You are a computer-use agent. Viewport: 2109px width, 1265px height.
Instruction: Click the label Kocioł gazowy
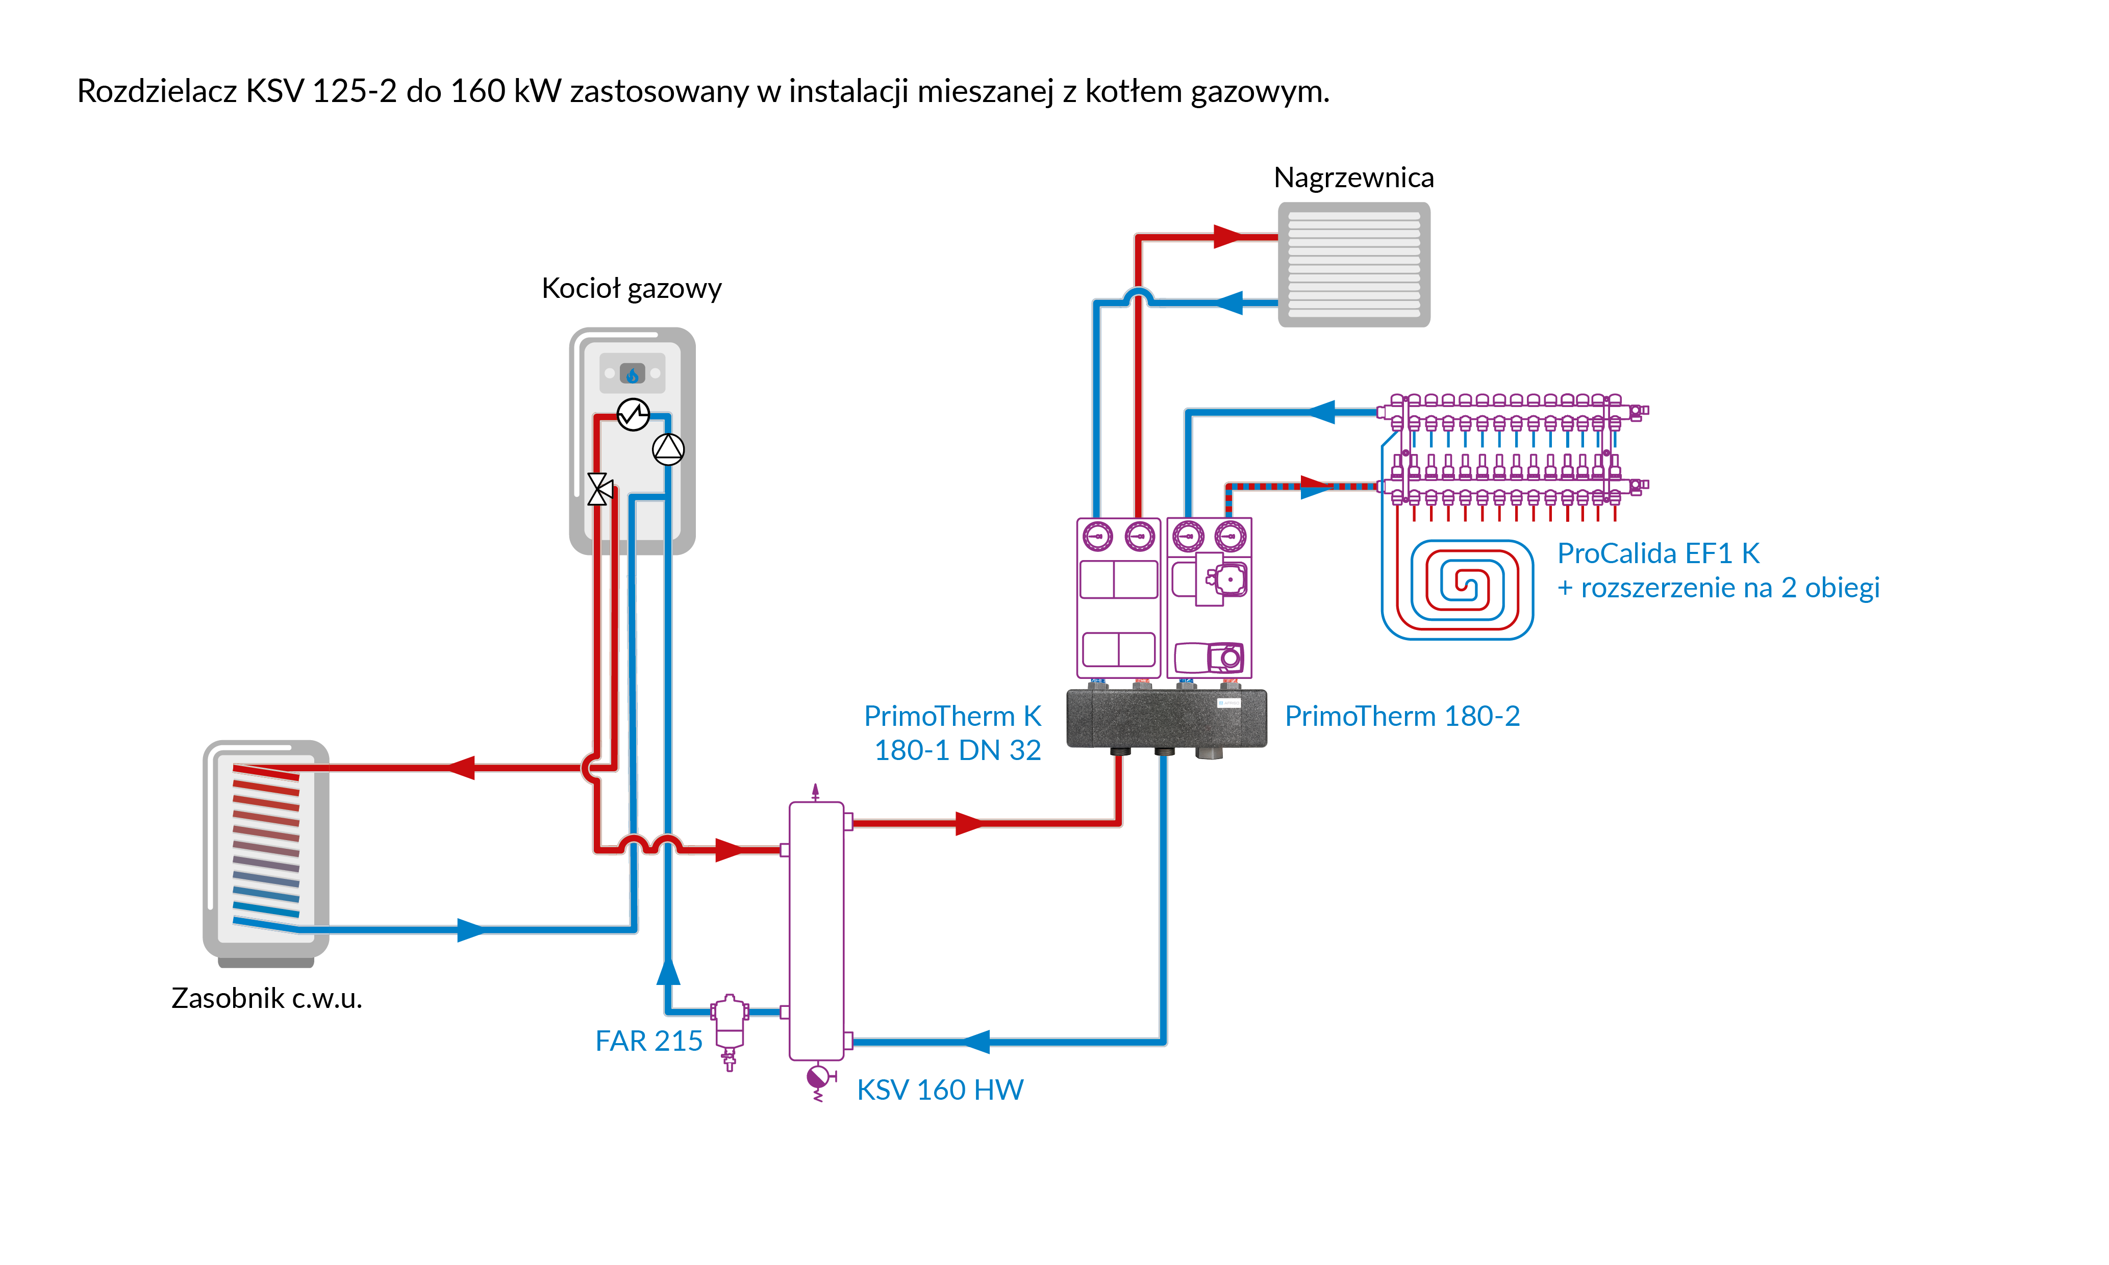tap(631, 289)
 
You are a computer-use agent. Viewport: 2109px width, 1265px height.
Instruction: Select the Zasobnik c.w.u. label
tap(267, 997)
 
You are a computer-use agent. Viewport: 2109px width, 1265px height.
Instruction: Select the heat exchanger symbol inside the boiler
tap(633, 415)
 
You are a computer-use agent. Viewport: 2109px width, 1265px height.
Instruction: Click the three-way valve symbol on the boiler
tap(599, 489)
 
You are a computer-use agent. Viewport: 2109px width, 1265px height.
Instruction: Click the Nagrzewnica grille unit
tap(1354, 264)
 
